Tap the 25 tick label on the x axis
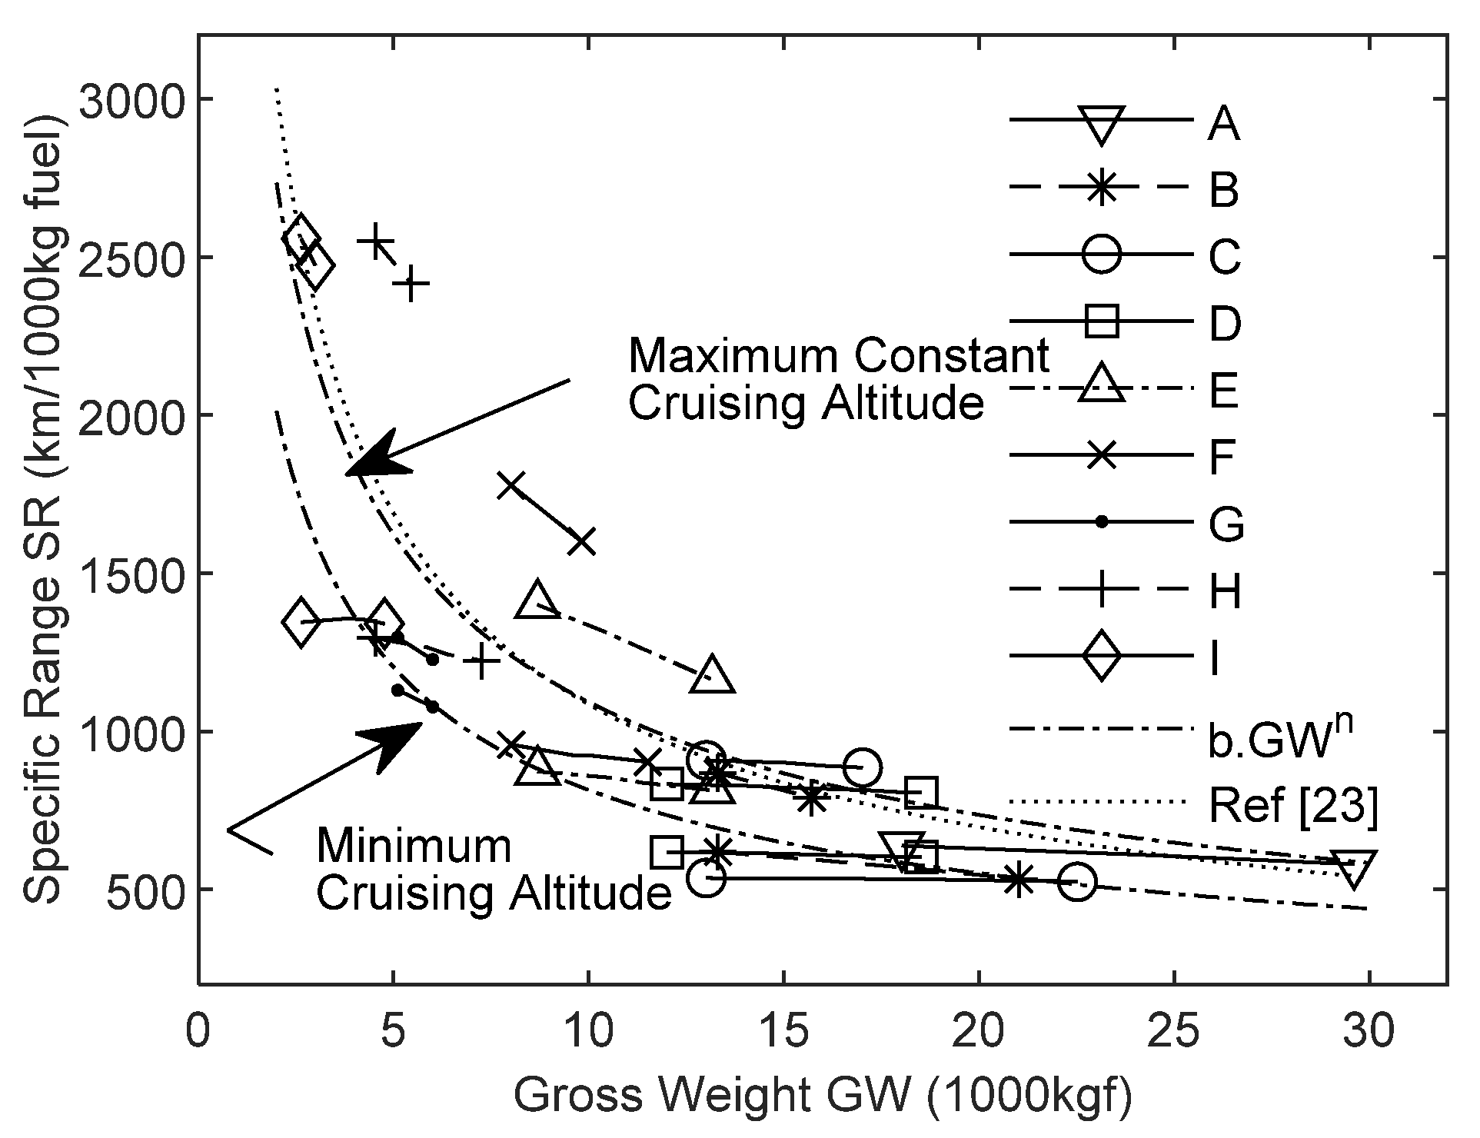[1173, 1030]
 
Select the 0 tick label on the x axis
[198, 1030]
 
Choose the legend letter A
[1222, 123]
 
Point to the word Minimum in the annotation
[413, 846]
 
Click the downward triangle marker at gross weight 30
[1355, 867]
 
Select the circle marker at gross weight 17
[861, 767]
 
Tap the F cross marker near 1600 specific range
[581, 541]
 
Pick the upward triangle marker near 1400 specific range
[538, 601]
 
